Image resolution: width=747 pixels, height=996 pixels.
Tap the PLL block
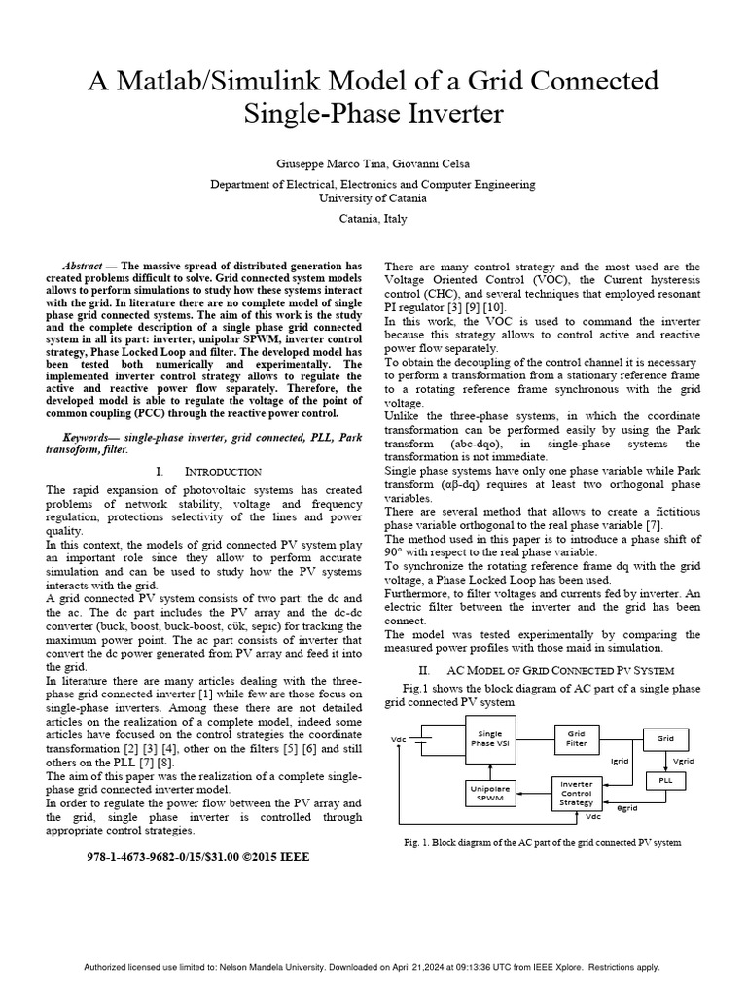[666, 781]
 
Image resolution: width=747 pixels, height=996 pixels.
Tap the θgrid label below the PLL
[628, 808]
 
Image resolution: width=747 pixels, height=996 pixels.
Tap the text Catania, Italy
[373, 219]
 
